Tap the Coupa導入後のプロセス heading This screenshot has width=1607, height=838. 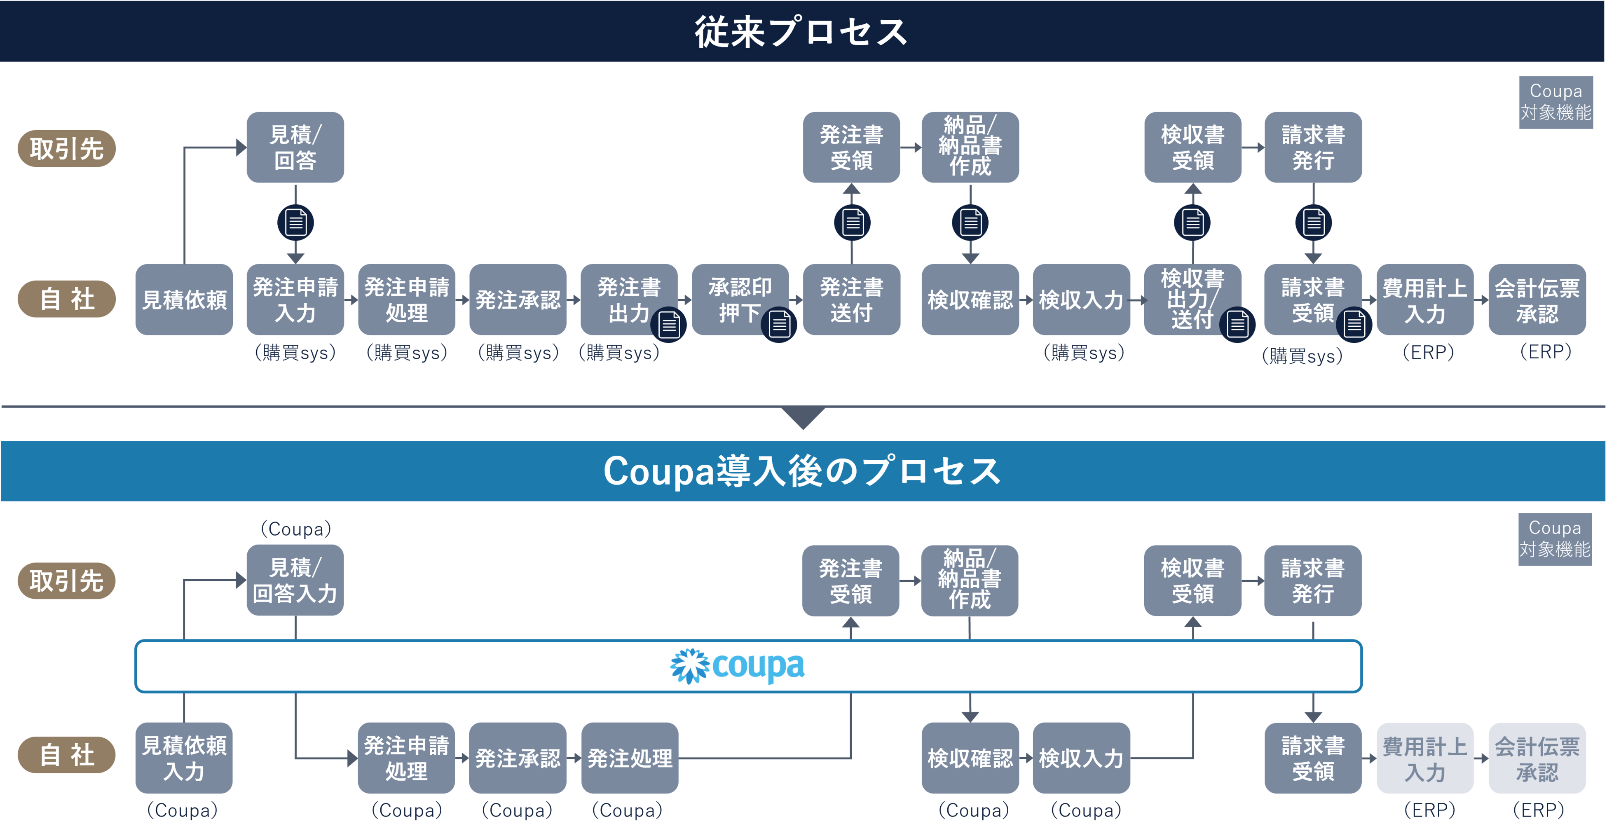coord(802,471)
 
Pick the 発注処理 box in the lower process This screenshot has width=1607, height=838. coord(630,758)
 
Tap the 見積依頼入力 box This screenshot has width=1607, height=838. coord(184,758)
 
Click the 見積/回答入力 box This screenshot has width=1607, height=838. coord(295,581)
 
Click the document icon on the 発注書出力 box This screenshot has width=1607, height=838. coord(669,325)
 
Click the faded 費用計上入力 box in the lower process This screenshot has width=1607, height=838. coord(1425,758)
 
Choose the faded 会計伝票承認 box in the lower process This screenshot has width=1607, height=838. coord(1537,758)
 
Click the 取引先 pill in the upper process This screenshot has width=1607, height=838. coord(67,148)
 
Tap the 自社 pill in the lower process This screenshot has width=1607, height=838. coord(67,755)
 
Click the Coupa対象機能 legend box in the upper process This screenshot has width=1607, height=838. coord(1556,102)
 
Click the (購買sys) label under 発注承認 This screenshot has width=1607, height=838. coord(518,353)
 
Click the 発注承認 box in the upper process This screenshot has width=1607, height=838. coord(518,300)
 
